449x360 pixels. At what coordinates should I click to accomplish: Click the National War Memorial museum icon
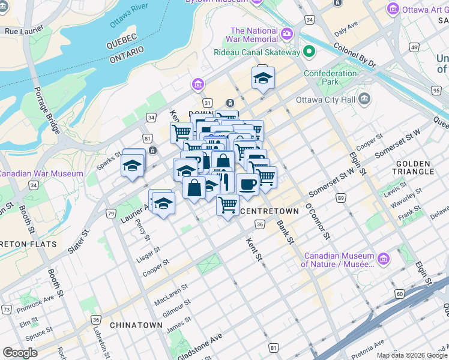click(x=287, y=32)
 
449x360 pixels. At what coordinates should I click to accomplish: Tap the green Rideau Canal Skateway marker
click(x=309, y=52)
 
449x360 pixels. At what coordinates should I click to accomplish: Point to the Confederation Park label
click(x=330, y=77)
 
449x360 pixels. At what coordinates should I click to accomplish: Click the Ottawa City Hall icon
click(x=364, y=100)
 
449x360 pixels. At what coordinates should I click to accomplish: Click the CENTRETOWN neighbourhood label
click(x=269, y=211)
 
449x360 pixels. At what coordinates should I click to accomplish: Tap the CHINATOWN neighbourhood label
click(x=136, y=325)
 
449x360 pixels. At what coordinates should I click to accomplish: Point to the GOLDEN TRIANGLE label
click(x=414, y=167)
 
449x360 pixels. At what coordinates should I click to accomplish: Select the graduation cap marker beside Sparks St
click(x=133, y=164)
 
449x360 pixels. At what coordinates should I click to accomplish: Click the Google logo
click(x=20, y=353)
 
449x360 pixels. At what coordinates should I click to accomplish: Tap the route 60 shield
click(x=399, y=293)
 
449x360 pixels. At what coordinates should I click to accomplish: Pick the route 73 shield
click(x=7, y=309)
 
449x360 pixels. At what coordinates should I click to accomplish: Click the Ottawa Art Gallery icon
click(x=394, y=10)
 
